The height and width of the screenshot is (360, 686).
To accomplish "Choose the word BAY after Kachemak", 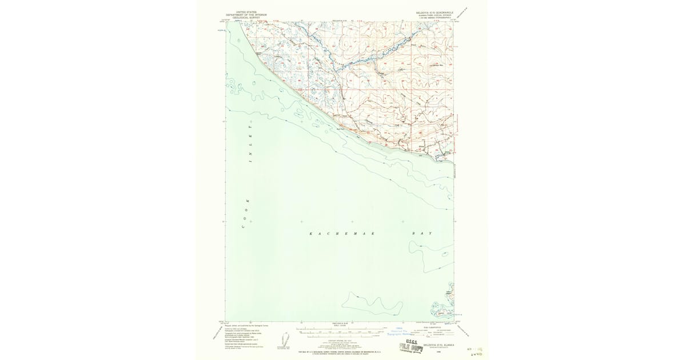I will click(x=422, y=234).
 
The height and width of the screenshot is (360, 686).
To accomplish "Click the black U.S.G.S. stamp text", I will click(x=412, y=342).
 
